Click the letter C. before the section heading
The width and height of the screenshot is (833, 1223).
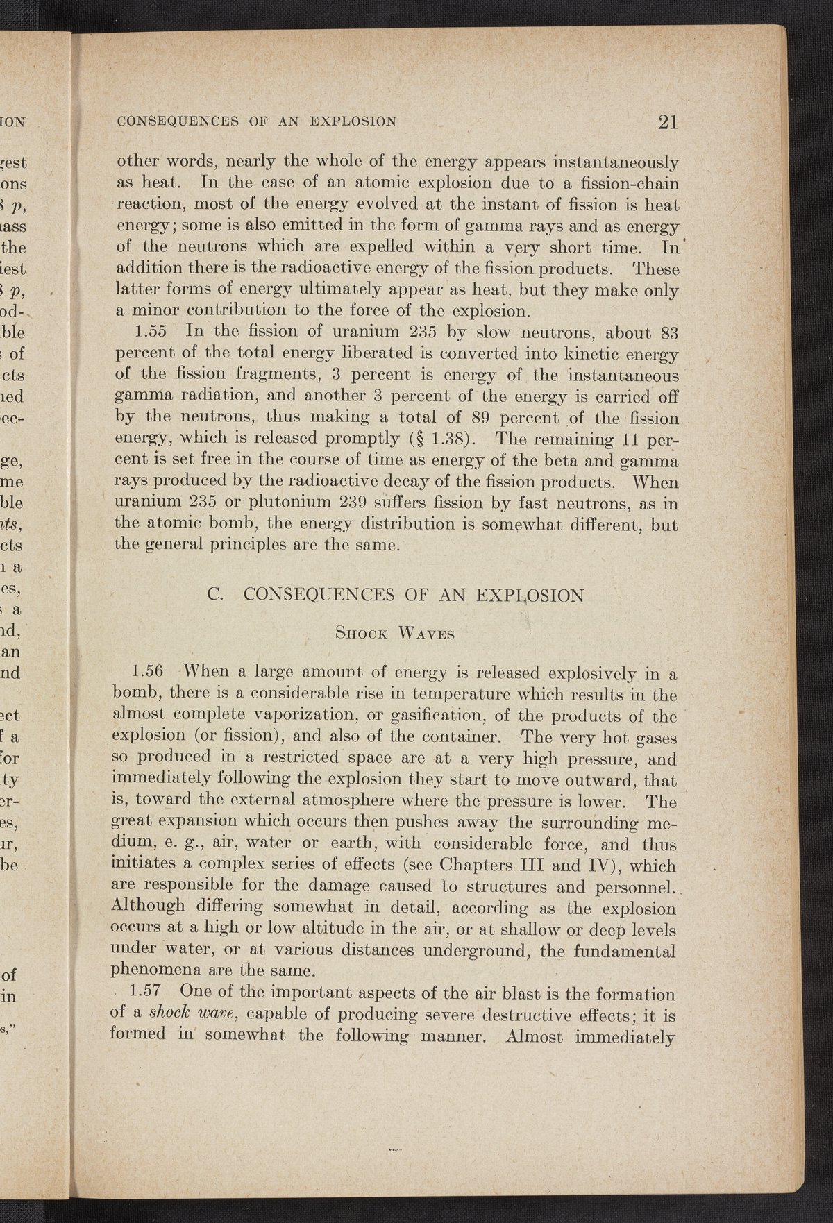pyautogui.click(x=214, y=596)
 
